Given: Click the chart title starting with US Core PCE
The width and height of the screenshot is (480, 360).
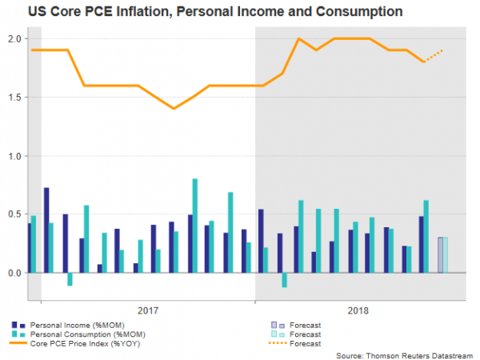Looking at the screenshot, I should [203, 12].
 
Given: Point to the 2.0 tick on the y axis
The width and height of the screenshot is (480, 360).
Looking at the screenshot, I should [15, 38].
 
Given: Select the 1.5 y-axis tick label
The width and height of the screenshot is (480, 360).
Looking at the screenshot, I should [15, 98].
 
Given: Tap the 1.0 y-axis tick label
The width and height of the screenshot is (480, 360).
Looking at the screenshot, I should [15, 156].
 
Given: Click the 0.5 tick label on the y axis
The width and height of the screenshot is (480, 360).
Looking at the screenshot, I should [15, 214].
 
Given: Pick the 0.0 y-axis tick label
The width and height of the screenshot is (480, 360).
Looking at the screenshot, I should [15, 273].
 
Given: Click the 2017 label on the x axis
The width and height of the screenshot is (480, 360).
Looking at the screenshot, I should [147, 308].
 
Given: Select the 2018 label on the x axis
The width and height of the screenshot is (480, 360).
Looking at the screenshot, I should [360, 308].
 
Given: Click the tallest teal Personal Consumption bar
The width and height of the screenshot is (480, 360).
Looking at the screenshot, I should [194, 226].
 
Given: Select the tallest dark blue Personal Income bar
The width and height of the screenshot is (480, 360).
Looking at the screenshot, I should [46, 230].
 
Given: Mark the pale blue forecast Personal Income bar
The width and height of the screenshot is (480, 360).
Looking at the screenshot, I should [440, 255].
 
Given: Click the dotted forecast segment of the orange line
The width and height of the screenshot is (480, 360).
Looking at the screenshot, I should [434, 56].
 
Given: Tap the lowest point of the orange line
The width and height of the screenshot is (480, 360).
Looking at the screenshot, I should [173, 109].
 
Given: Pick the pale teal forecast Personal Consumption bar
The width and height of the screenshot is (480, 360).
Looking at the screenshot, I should [446, 255].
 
